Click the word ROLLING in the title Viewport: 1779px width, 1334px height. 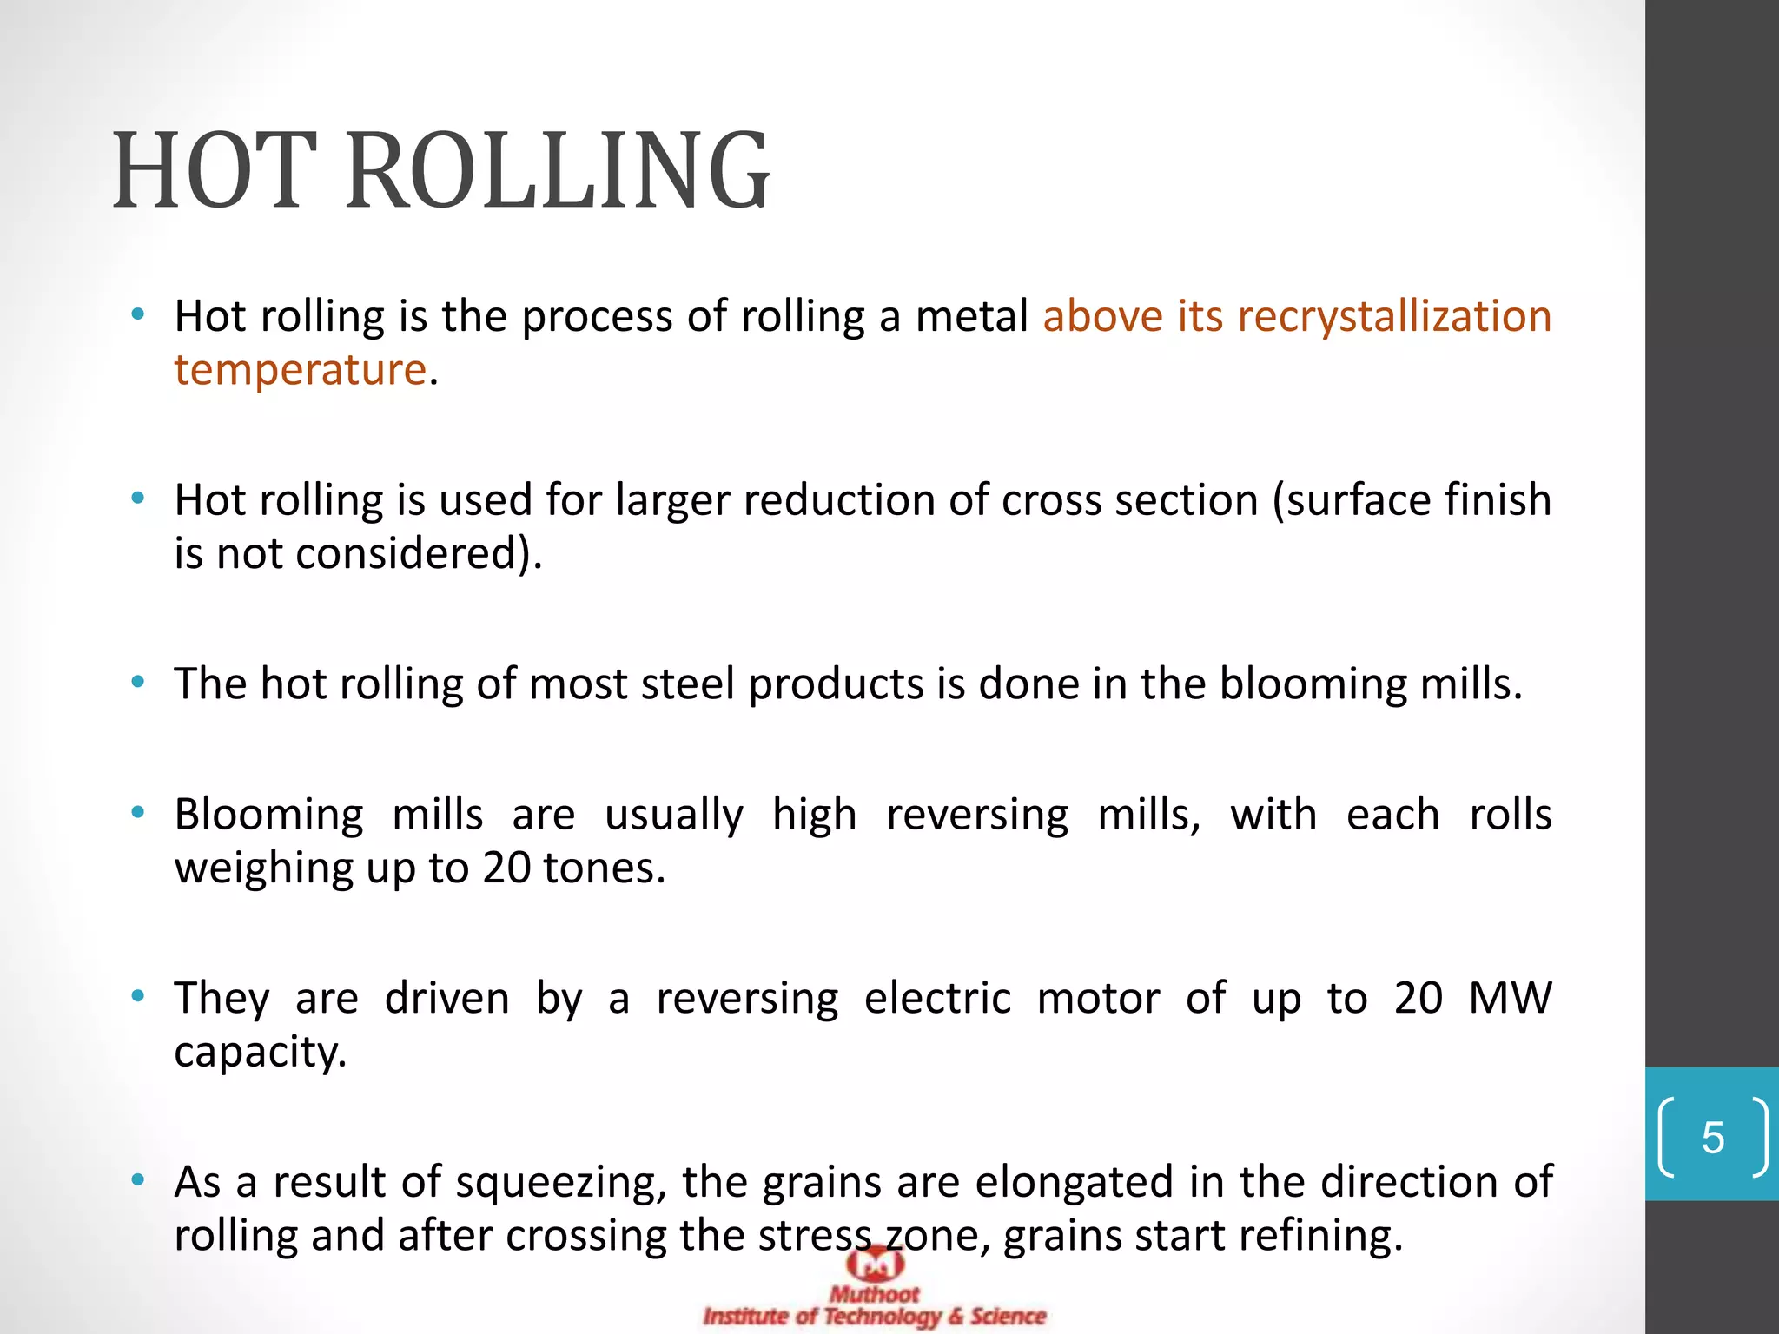pyautogui.click(x=558, y=170)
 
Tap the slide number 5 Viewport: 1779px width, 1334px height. pyautogui.click(x=1712, y=1138)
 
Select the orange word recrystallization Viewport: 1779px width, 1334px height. pyautogui.click(x=1394, y=316)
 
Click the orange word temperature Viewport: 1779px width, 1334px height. pyautogui.click(x=300, y=370)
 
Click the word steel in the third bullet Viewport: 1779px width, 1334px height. pyautogui.click(x=688, y=684)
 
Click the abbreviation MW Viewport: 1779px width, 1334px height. pyautogui.click(x=1510, y=999)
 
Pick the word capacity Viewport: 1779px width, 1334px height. pyautogui.click(x=260, y=1053)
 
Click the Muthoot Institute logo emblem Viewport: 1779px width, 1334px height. pyautogui.click(x=875, y=1265)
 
